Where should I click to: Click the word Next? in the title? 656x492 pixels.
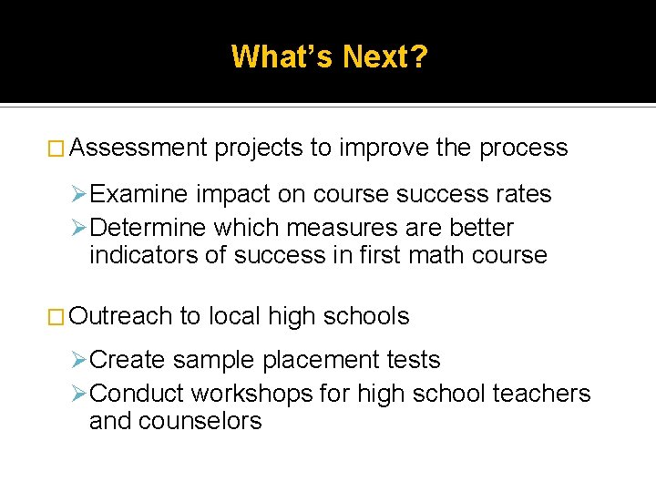point(385,57)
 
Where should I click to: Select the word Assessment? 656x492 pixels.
point(138,148)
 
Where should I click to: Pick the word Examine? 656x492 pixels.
point(139,194)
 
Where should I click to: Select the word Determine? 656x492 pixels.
point(149,227)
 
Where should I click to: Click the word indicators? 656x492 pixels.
point(145,254)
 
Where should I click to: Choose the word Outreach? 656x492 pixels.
point(120,316)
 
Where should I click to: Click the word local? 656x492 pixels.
point(234,316)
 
